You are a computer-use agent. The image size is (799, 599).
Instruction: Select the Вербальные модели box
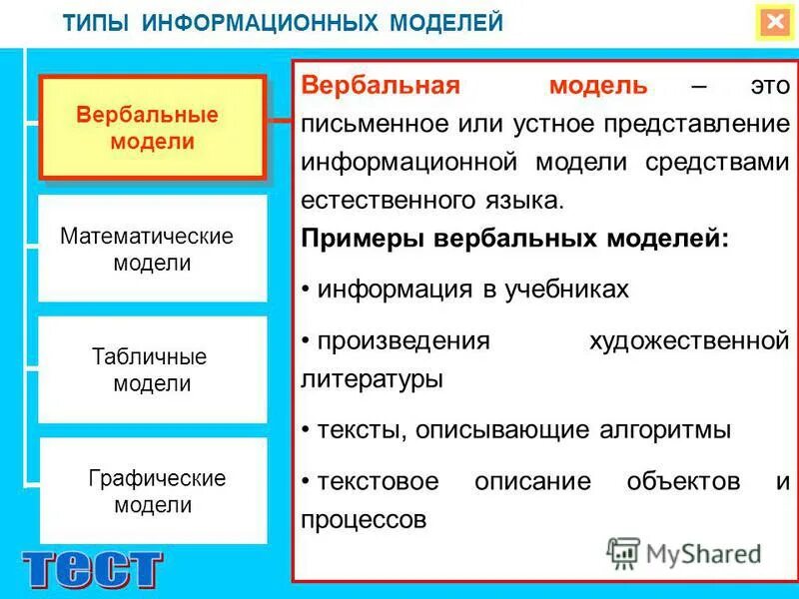[x=152, y=128]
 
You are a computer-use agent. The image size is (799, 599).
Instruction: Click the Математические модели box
[x=152, y=250]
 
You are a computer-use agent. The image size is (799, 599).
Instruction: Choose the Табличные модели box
[x=152, y=369]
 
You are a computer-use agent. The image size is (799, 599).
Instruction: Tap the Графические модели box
[x=154, y=491]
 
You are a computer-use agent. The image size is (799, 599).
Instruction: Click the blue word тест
[x=92, y=569]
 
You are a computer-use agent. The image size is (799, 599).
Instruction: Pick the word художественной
[x=689, y=341]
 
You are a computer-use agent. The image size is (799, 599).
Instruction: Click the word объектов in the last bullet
[x=683, y=481]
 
